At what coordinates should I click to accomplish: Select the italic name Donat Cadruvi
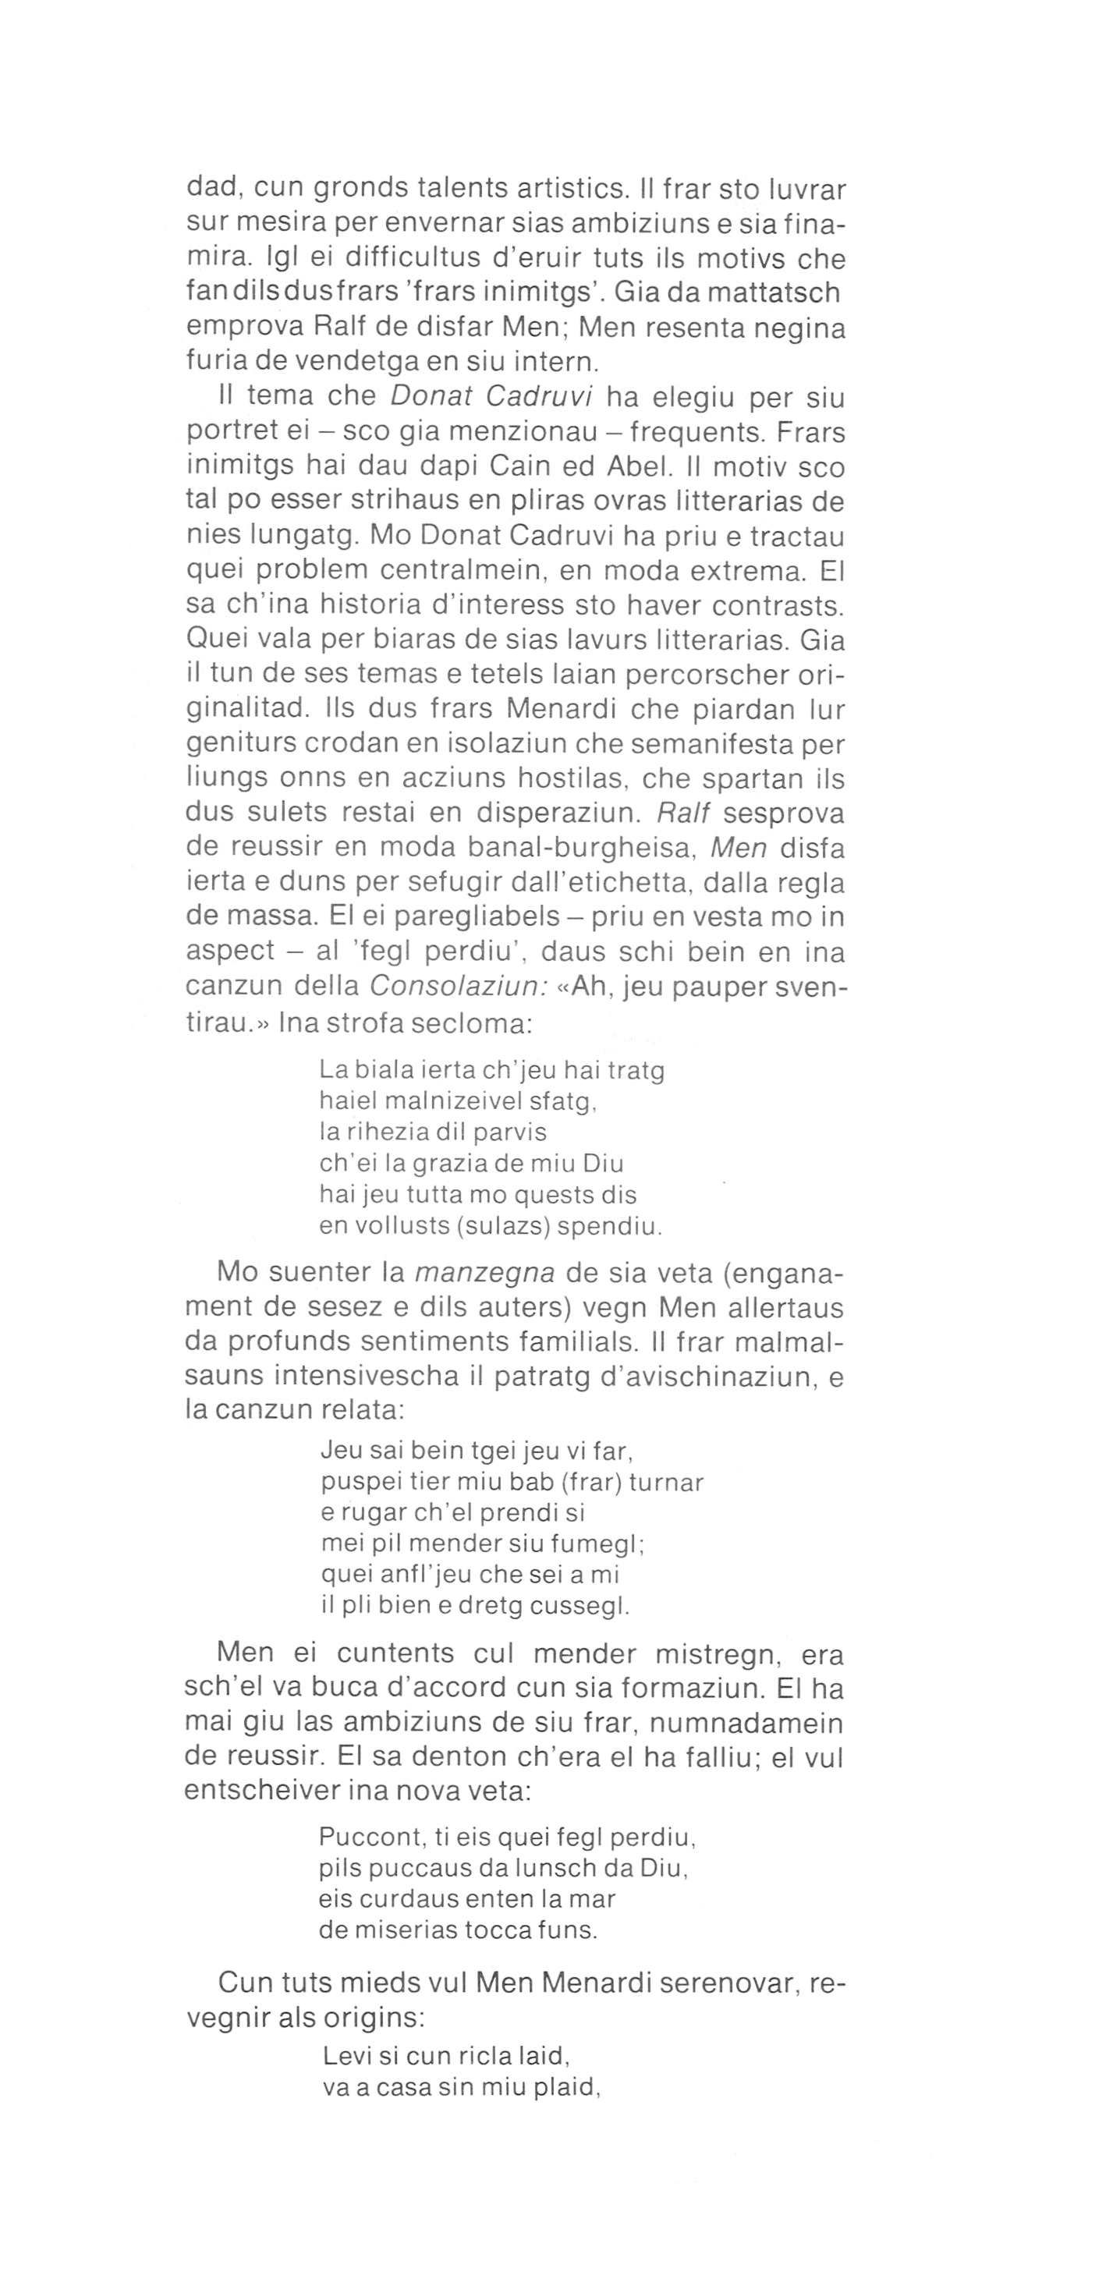492,397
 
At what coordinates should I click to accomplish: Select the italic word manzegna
485,1274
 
